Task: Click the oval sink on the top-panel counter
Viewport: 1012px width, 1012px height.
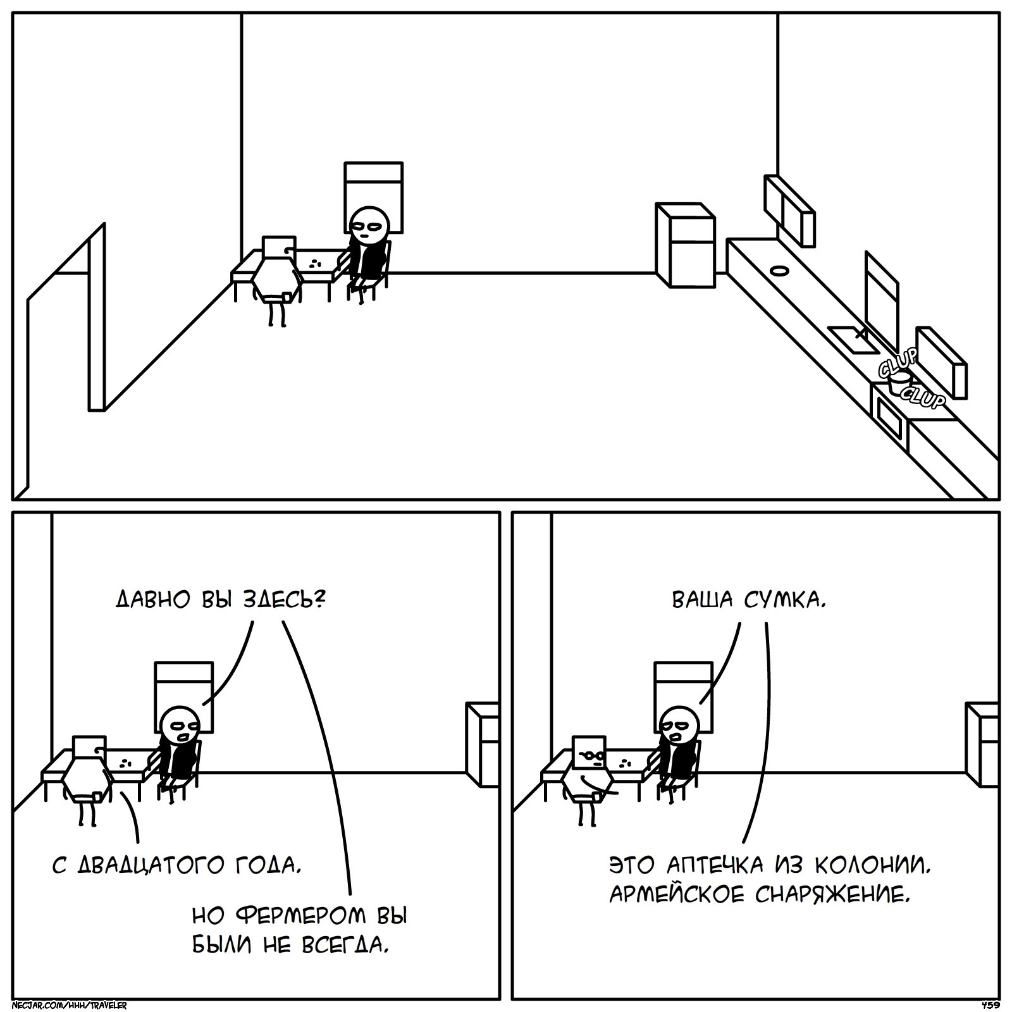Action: coord(779,271)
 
